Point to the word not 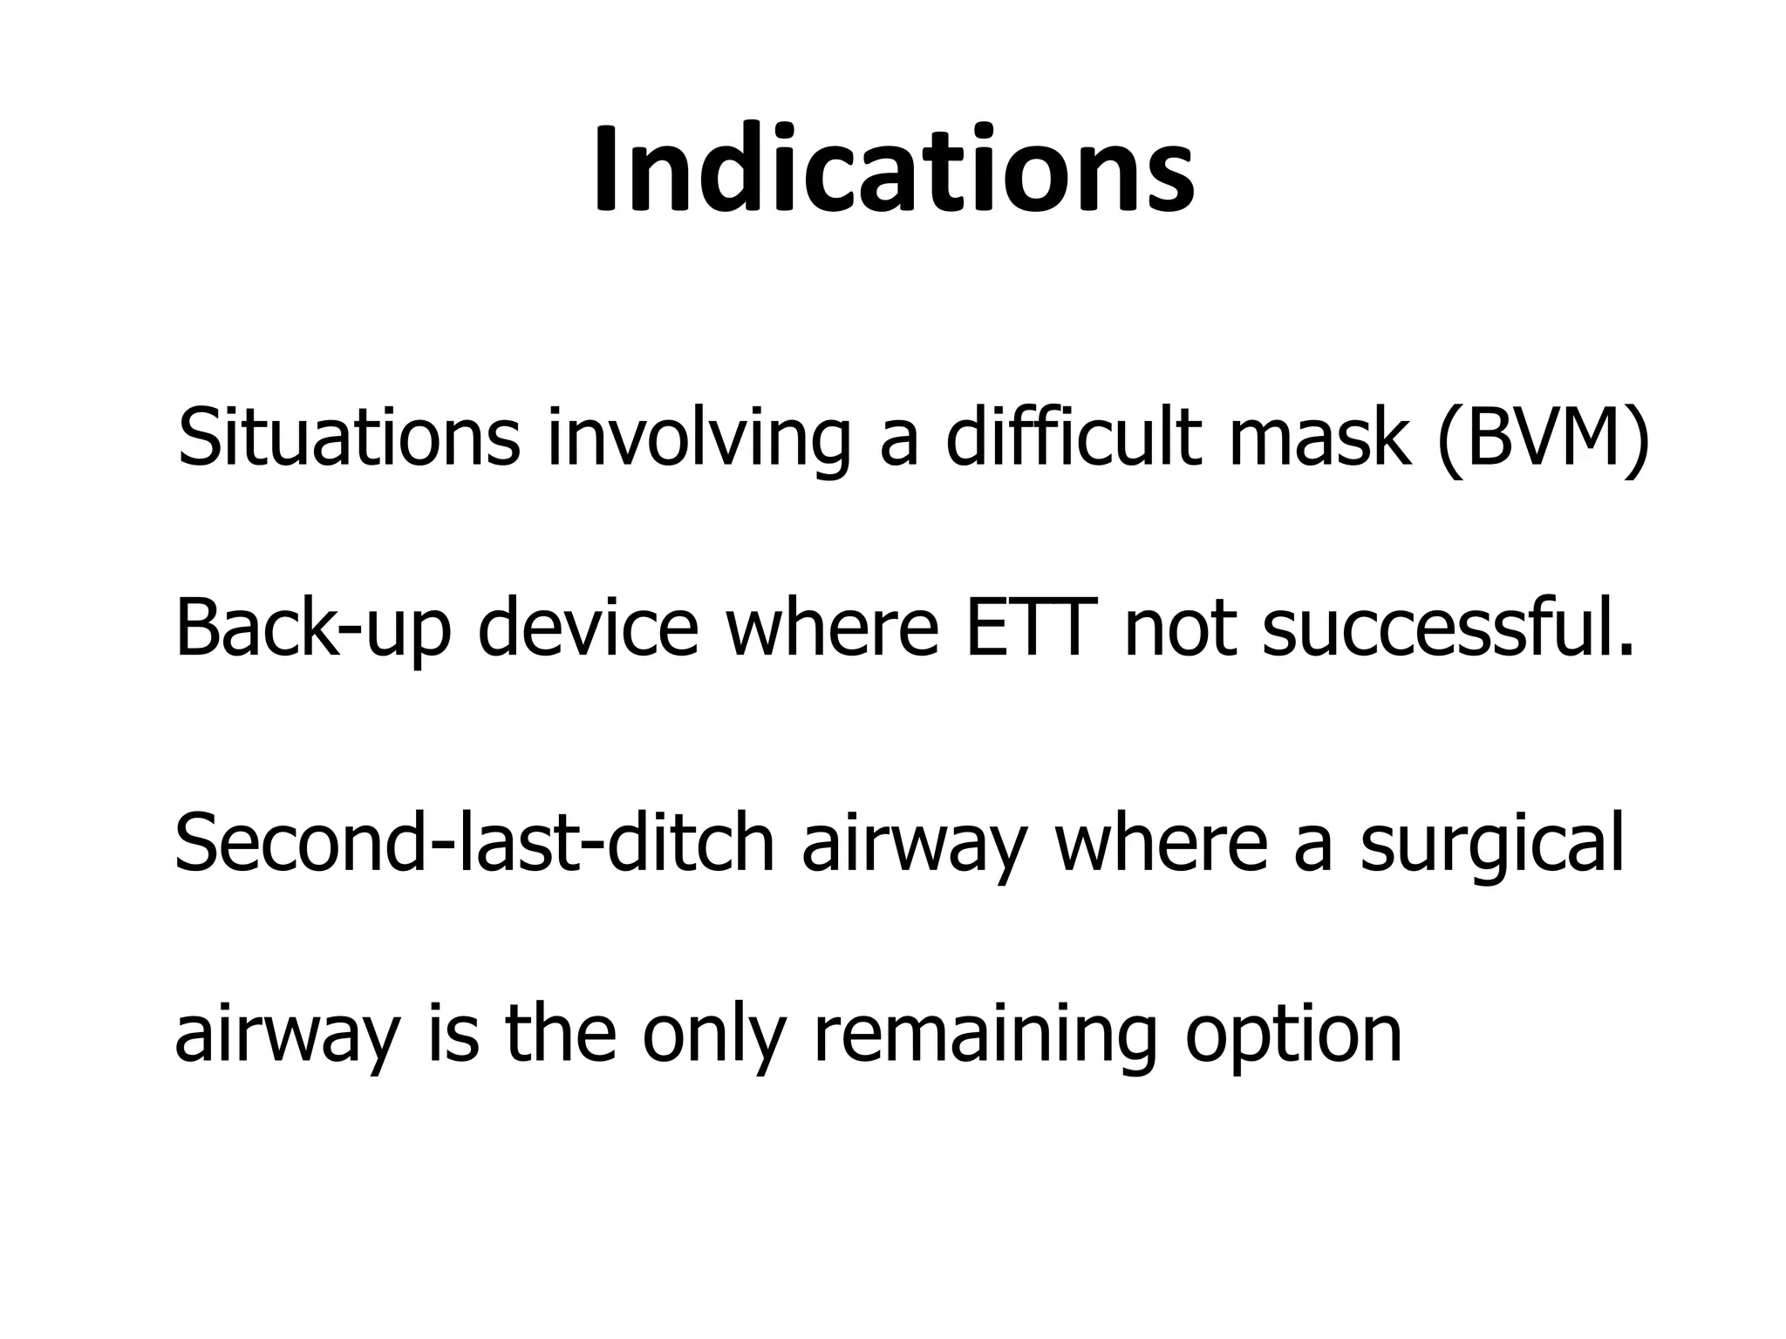pyautogui.click(x=1180, y=629)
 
